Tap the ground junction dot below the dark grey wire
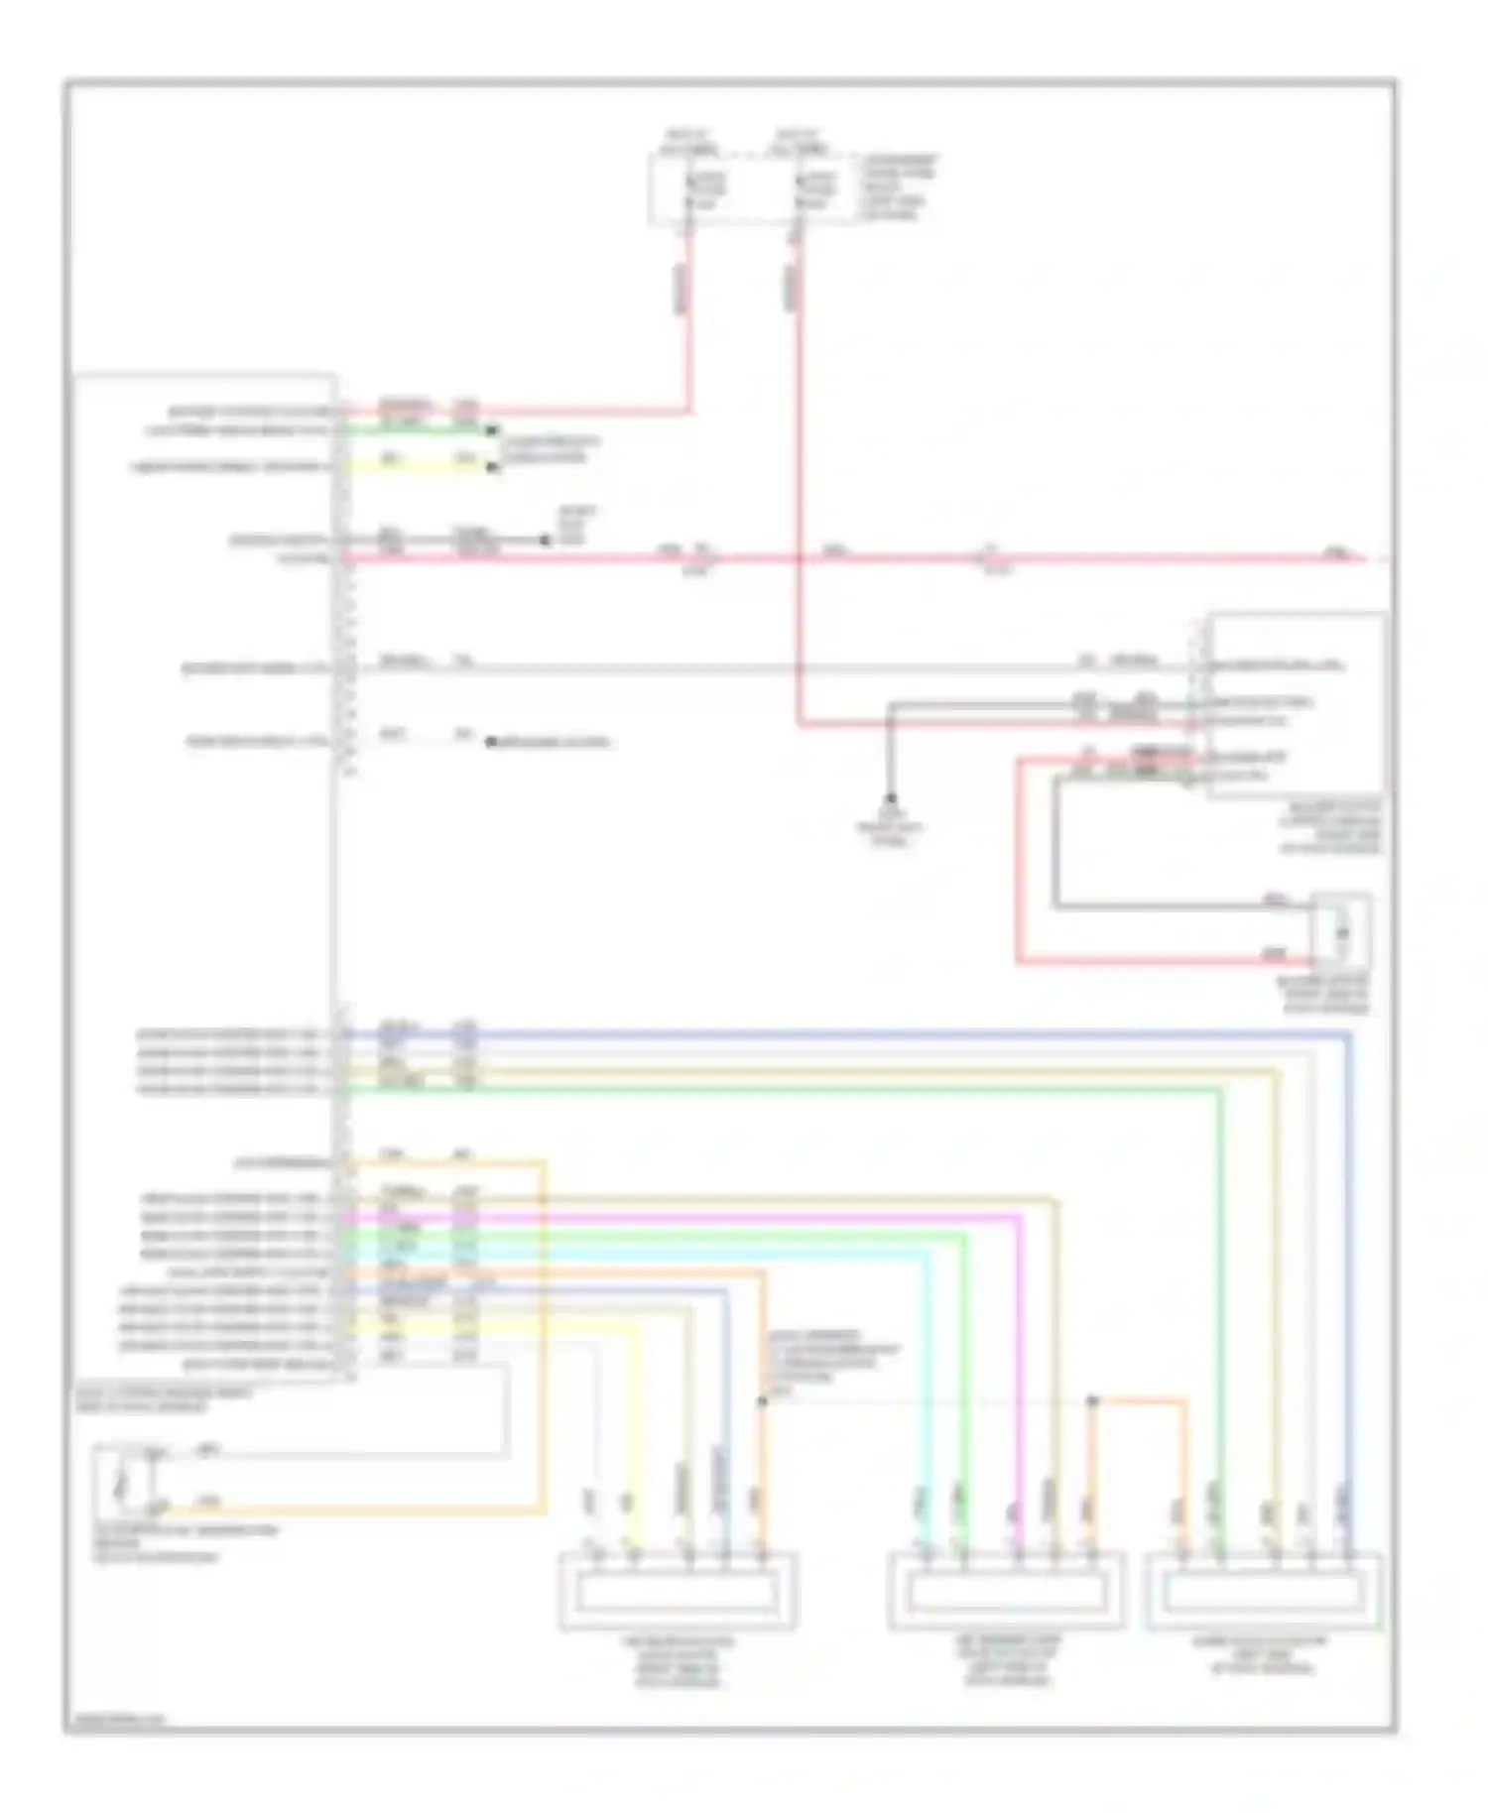pyautogui.click(x=890, y=798)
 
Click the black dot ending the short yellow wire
pyautogui.click(x=492, y=466)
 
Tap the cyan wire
pyautogui.click(x=929, y=1389)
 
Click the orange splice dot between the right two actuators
pyautogui.click(x=1092, y=1401)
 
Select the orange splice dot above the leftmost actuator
pyautogui.click(x=762, y=1401)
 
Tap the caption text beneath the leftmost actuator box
pyautogui.click(x=679, y=1662)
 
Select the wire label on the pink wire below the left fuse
pyautogui.click(x=682, y=288)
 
